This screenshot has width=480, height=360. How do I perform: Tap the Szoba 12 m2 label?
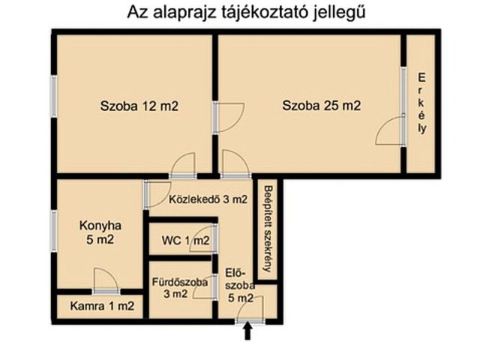[139, 106]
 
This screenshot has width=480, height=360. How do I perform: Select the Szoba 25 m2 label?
[321, 106]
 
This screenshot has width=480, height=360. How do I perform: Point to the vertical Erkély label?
[422, 103]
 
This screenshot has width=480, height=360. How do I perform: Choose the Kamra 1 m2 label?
[103, 306]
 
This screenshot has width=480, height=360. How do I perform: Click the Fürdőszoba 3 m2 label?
[180, 288]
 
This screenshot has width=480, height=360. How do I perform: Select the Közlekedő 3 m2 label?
[207, 199]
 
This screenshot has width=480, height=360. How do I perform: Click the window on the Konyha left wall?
[55, 231]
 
